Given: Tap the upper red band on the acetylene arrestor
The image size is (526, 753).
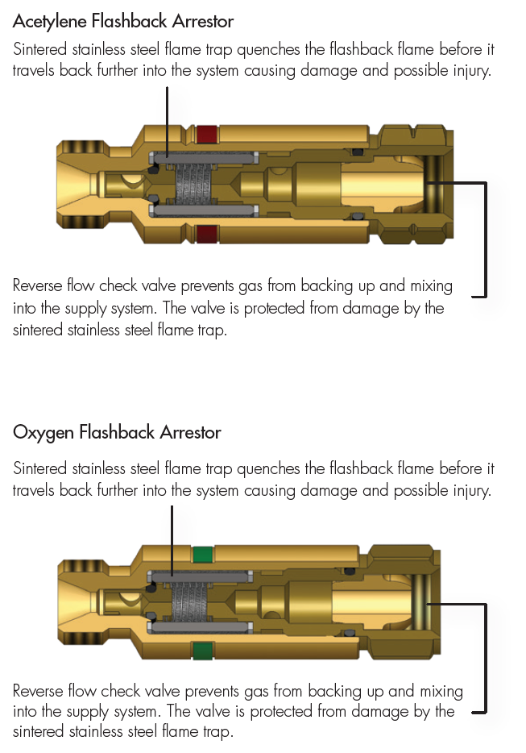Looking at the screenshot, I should point(207,133).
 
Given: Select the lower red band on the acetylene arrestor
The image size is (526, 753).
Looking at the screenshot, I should point(207,234).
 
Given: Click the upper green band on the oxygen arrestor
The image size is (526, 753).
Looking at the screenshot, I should point(203,554).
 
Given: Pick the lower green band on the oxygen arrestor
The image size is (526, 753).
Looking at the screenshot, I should point(203,650).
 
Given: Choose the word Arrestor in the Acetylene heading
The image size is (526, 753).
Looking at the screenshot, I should point(201,19).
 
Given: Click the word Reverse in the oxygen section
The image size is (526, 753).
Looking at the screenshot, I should point(39,692).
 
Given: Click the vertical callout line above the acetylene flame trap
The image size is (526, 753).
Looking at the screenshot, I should point(168,117).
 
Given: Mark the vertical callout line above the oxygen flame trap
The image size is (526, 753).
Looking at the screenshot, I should point(172,536).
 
